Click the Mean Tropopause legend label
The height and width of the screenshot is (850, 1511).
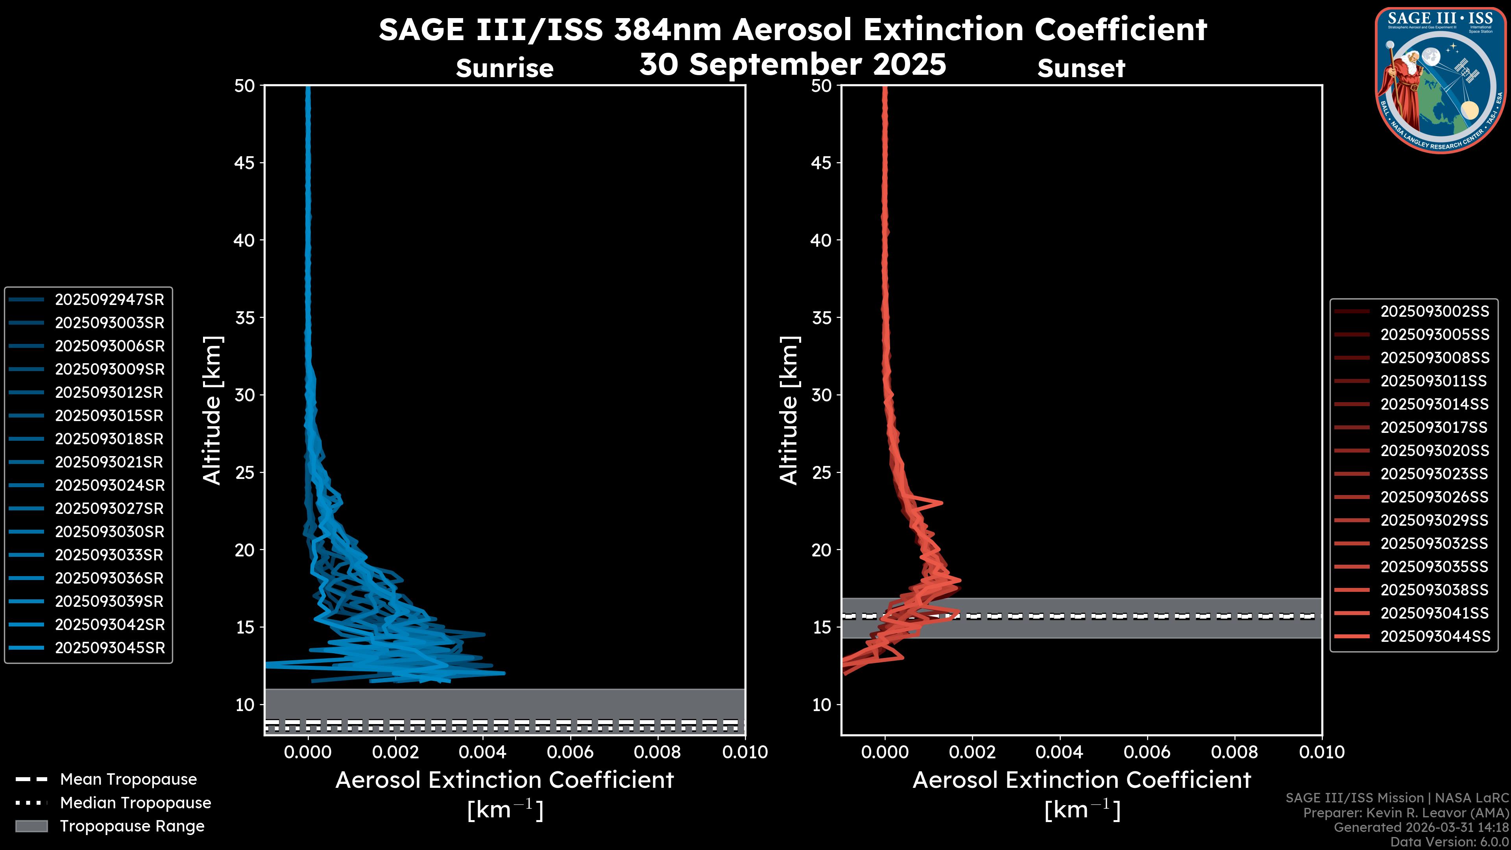(128, 779)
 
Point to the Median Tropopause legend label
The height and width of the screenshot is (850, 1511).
(135, 802)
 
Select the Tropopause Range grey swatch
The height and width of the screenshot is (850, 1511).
(31, 826)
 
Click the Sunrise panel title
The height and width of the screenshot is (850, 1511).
(504, 68)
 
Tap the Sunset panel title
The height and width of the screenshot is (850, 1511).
(1081, 68)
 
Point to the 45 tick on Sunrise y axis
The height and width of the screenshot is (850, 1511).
(245, 163)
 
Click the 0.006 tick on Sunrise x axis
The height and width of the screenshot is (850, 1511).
(570, 752)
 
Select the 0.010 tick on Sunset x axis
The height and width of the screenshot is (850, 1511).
(1322, 752)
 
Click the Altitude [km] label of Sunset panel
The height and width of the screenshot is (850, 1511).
(789, 410)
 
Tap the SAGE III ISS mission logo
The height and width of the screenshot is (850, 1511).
(1440, 80)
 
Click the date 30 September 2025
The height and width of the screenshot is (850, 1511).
(792, 64)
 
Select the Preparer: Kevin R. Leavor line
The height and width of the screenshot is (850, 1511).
(1406, 813)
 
